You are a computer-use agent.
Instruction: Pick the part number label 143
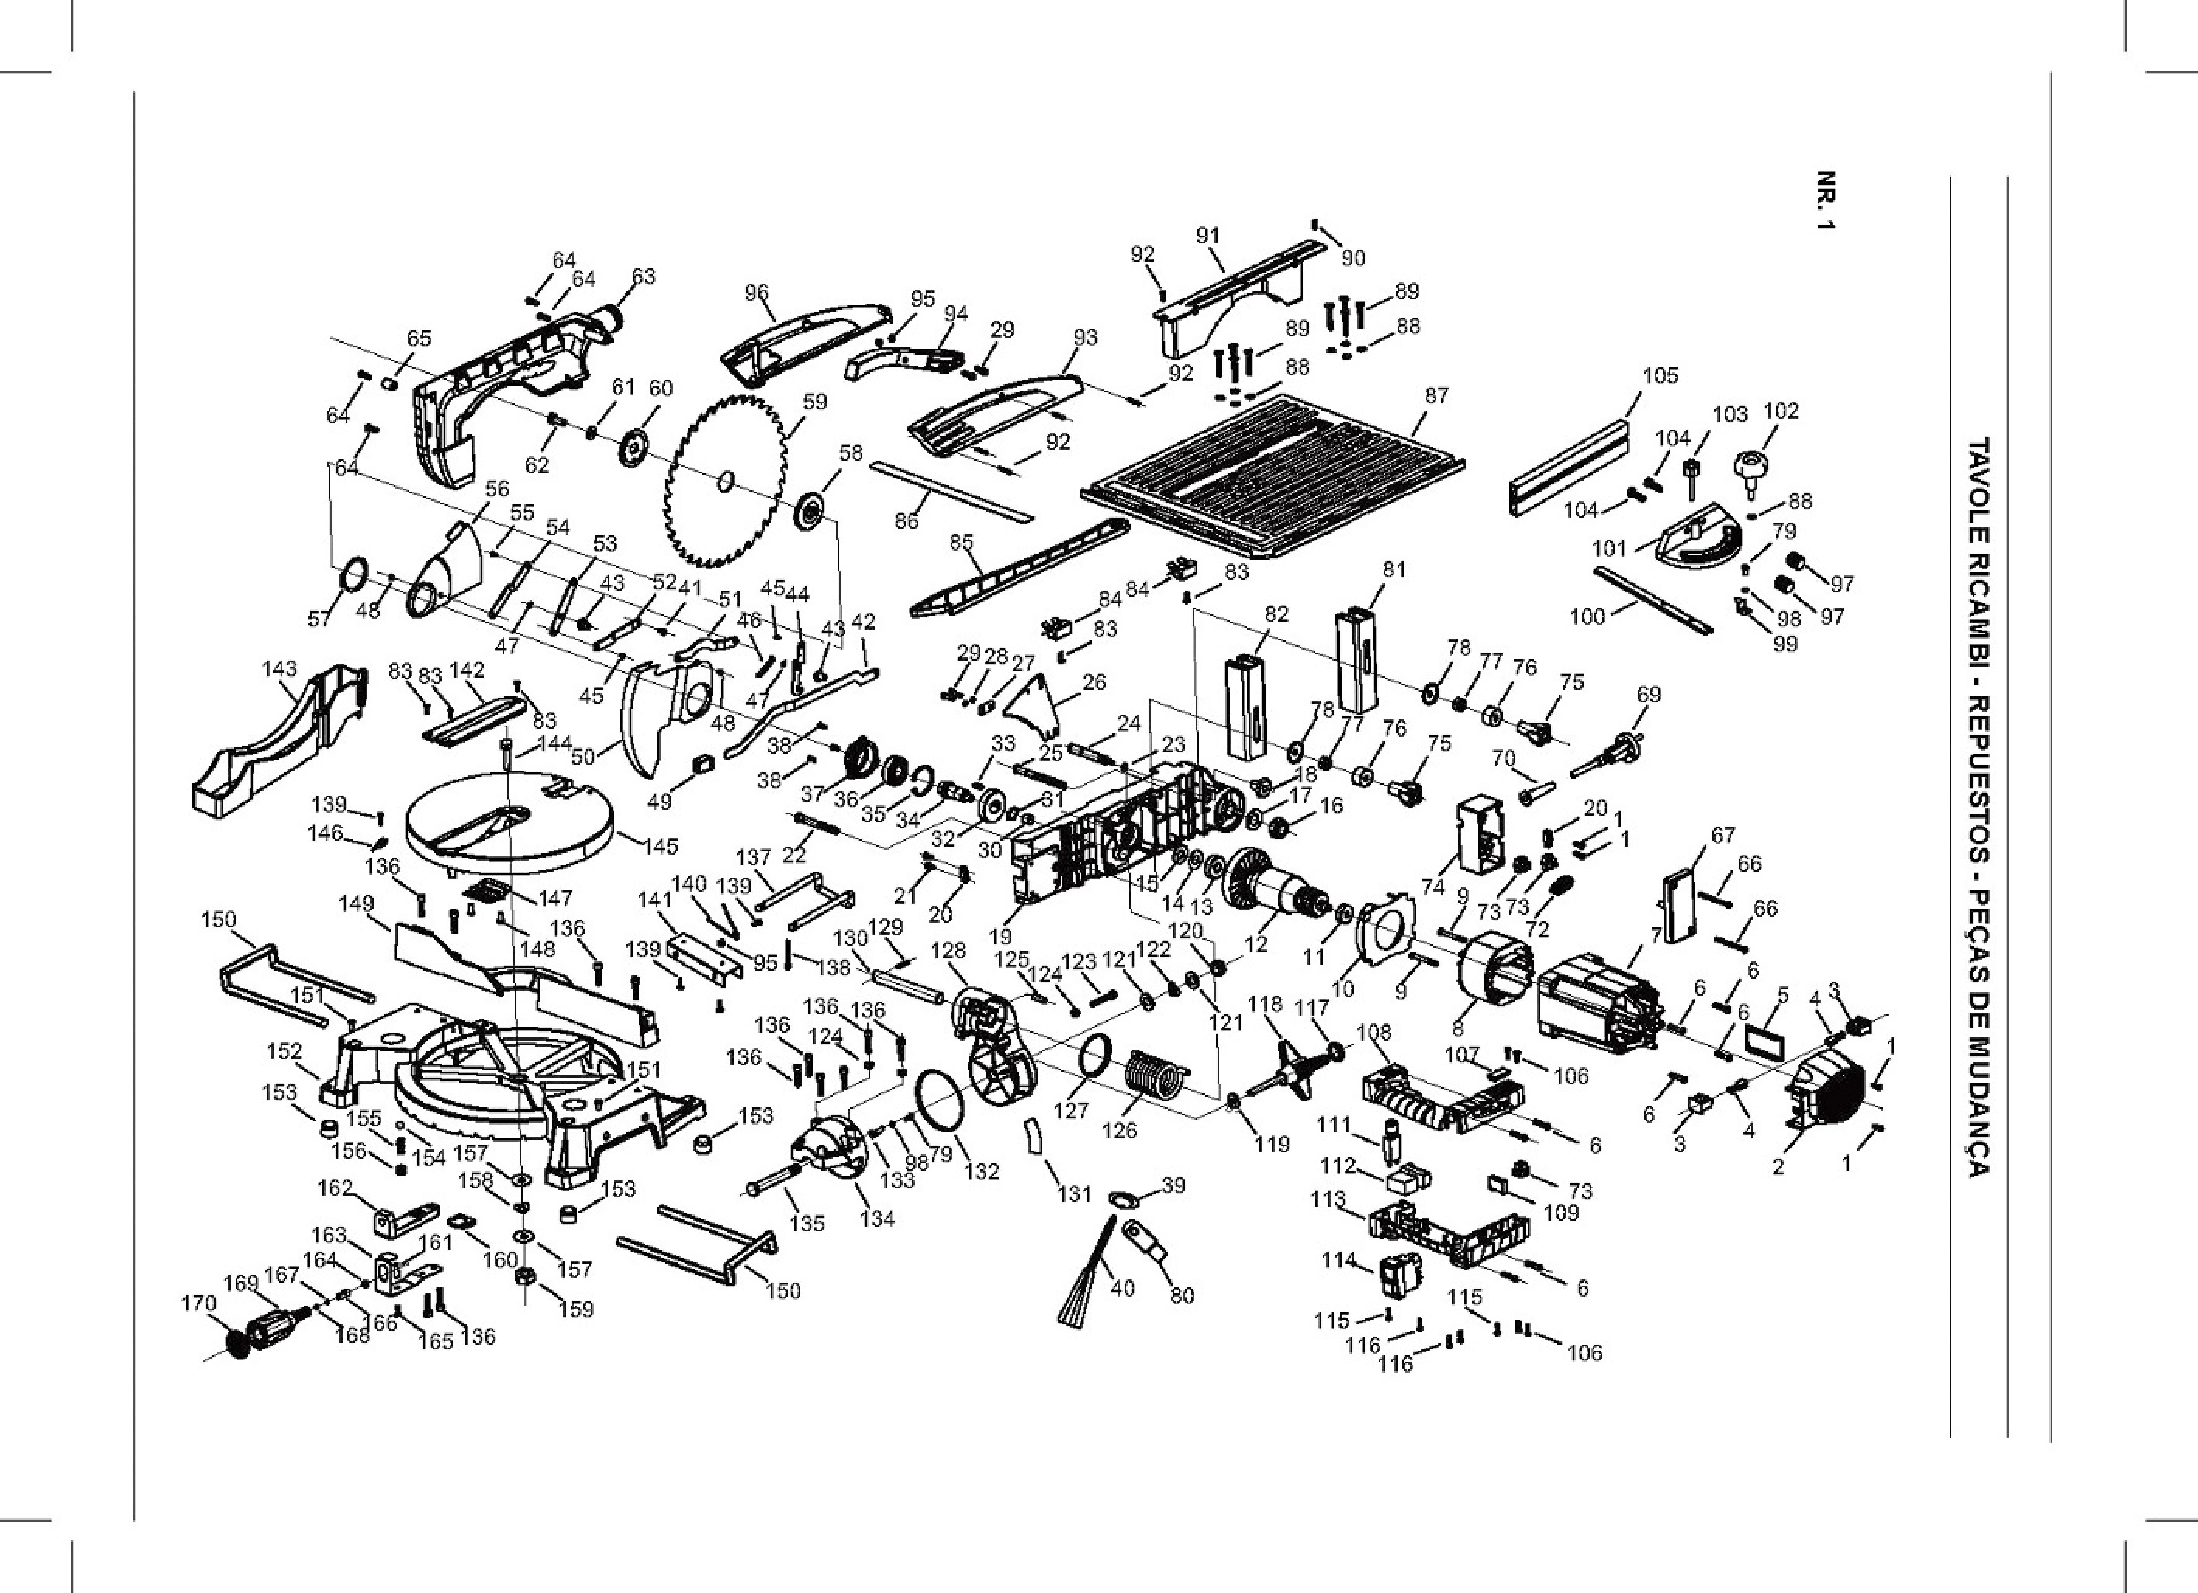pyautogui.click(x=279, y=669)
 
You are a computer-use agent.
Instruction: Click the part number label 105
pyautogui.click(x=1660, y=375)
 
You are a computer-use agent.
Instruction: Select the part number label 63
pyautogui.click(x=644, y=276)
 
